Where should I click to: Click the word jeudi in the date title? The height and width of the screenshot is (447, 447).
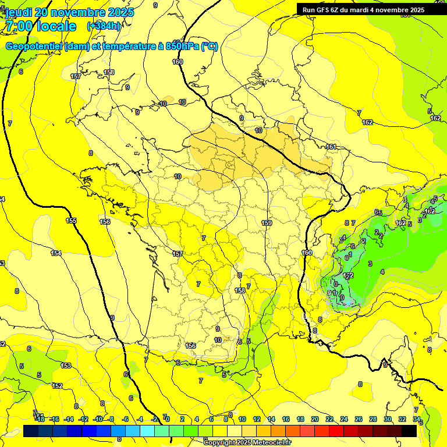(x=18, y=12)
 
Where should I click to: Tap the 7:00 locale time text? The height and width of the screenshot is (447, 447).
(x=40, y=27)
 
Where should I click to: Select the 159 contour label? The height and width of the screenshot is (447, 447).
(x=267, y=223)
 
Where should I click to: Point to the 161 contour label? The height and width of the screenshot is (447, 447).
(x=331, y=147)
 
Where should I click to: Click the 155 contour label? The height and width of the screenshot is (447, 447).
(x=71, y=221)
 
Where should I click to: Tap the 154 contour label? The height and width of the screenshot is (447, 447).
(x=56, y=253)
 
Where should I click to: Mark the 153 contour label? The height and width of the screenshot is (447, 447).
(x=66, y=366)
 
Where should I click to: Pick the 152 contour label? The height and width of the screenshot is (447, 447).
(x=57, y=386)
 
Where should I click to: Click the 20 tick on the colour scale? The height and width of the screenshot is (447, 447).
(x=315, y=419)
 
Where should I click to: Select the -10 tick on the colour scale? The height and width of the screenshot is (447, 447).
(x=98, y=419)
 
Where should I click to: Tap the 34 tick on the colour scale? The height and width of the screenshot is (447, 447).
(x=417, y=419)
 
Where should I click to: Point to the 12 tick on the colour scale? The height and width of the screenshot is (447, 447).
(x=257, y=419)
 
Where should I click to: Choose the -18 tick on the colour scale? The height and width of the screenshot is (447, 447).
(x=40, y=419)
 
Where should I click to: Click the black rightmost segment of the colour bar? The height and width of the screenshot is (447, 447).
(x=409, y=431)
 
